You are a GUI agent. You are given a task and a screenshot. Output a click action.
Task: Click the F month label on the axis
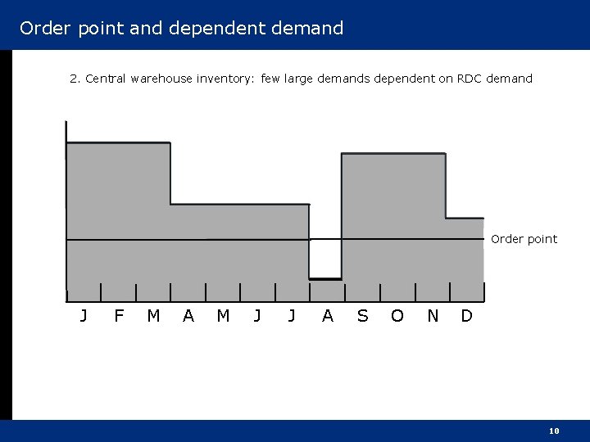(x=119, y=316)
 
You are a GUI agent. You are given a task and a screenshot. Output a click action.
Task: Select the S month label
(x=362, y=316)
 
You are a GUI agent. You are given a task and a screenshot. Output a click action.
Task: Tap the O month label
(x=397, y=316)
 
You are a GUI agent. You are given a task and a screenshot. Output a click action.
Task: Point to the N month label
(x=433, y=316)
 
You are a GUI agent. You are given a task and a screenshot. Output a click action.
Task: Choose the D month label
(x=466, y=316)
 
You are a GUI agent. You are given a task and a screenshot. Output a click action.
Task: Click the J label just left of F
(x=84, y=316)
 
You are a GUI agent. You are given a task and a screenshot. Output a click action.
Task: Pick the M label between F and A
(x=153, y=316)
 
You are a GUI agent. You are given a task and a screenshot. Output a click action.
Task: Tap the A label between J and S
(x=328, y=316)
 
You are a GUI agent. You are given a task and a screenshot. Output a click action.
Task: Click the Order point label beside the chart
(x=524, y=239)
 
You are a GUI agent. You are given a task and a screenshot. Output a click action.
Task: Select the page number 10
(x=554, y=431)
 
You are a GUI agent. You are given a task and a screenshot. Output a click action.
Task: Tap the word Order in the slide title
(x=44, y=29)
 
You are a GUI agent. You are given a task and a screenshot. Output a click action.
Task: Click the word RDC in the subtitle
(x=468, y=79)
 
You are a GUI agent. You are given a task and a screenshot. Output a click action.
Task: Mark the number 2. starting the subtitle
(x=75, y=79)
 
